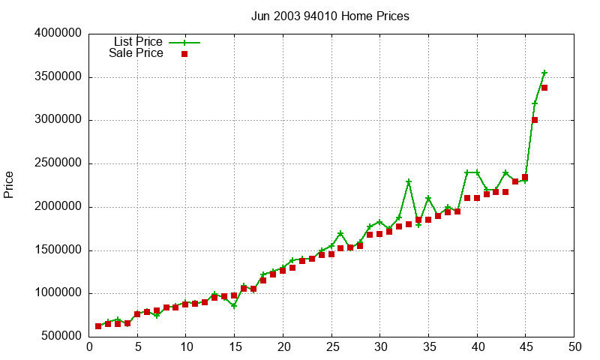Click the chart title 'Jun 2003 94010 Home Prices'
[330, 16]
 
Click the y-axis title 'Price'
[9, 184]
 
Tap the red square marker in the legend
[184, 54]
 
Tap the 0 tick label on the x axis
[89, 346]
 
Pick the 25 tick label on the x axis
[331, 346]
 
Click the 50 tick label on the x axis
[574, 346]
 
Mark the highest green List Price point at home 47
[544, 73]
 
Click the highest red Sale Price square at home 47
[544, 88]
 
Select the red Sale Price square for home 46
[535, 120]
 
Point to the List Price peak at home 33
[409, 181]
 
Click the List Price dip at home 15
[234, 306]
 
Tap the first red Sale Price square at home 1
[98, 326]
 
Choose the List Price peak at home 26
[340, 234]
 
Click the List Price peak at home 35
[428, 199]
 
